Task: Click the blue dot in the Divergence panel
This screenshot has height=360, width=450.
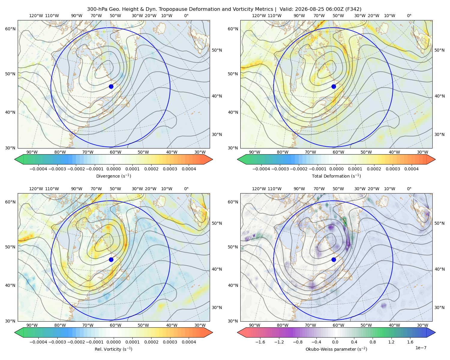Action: coord(111,87)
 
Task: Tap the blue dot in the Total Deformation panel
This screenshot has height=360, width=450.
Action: coord(334,87)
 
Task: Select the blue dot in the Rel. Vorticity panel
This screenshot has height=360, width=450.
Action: coord(111,259)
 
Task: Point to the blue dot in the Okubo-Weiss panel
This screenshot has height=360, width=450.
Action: coord(334,259)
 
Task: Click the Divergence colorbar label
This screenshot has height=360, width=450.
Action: coord(113,176)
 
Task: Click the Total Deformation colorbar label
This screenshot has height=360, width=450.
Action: coord(336,176)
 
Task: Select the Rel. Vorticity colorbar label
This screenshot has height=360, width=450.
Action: coord(113,349)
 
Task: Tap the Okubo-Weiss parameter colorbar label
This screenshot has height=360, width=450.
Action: coord(336,349)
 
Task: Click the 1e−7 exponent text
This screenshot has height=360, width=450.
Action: coord(421,348)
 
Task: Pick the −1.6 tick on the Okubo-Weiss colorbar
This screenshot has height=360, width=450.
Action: coord(260,342)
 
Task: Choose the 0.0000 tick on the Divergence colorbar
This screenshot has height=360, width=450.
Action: coord(113,169)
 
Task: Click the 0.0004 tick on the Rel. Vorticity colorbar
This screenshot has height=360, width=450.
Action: coord(189,342)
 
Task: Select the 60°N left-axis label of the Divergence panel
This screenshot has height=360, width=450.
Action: coord(10,29)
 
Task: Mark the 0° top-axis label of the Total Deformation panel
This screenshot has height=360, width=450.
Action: coord(409,16)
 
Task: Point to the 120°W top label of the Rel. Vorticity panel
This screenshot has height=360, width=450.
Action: coord(36,189)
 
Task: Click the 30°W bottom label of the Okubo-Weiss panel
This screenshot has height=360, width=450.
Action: coord(423,325)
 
